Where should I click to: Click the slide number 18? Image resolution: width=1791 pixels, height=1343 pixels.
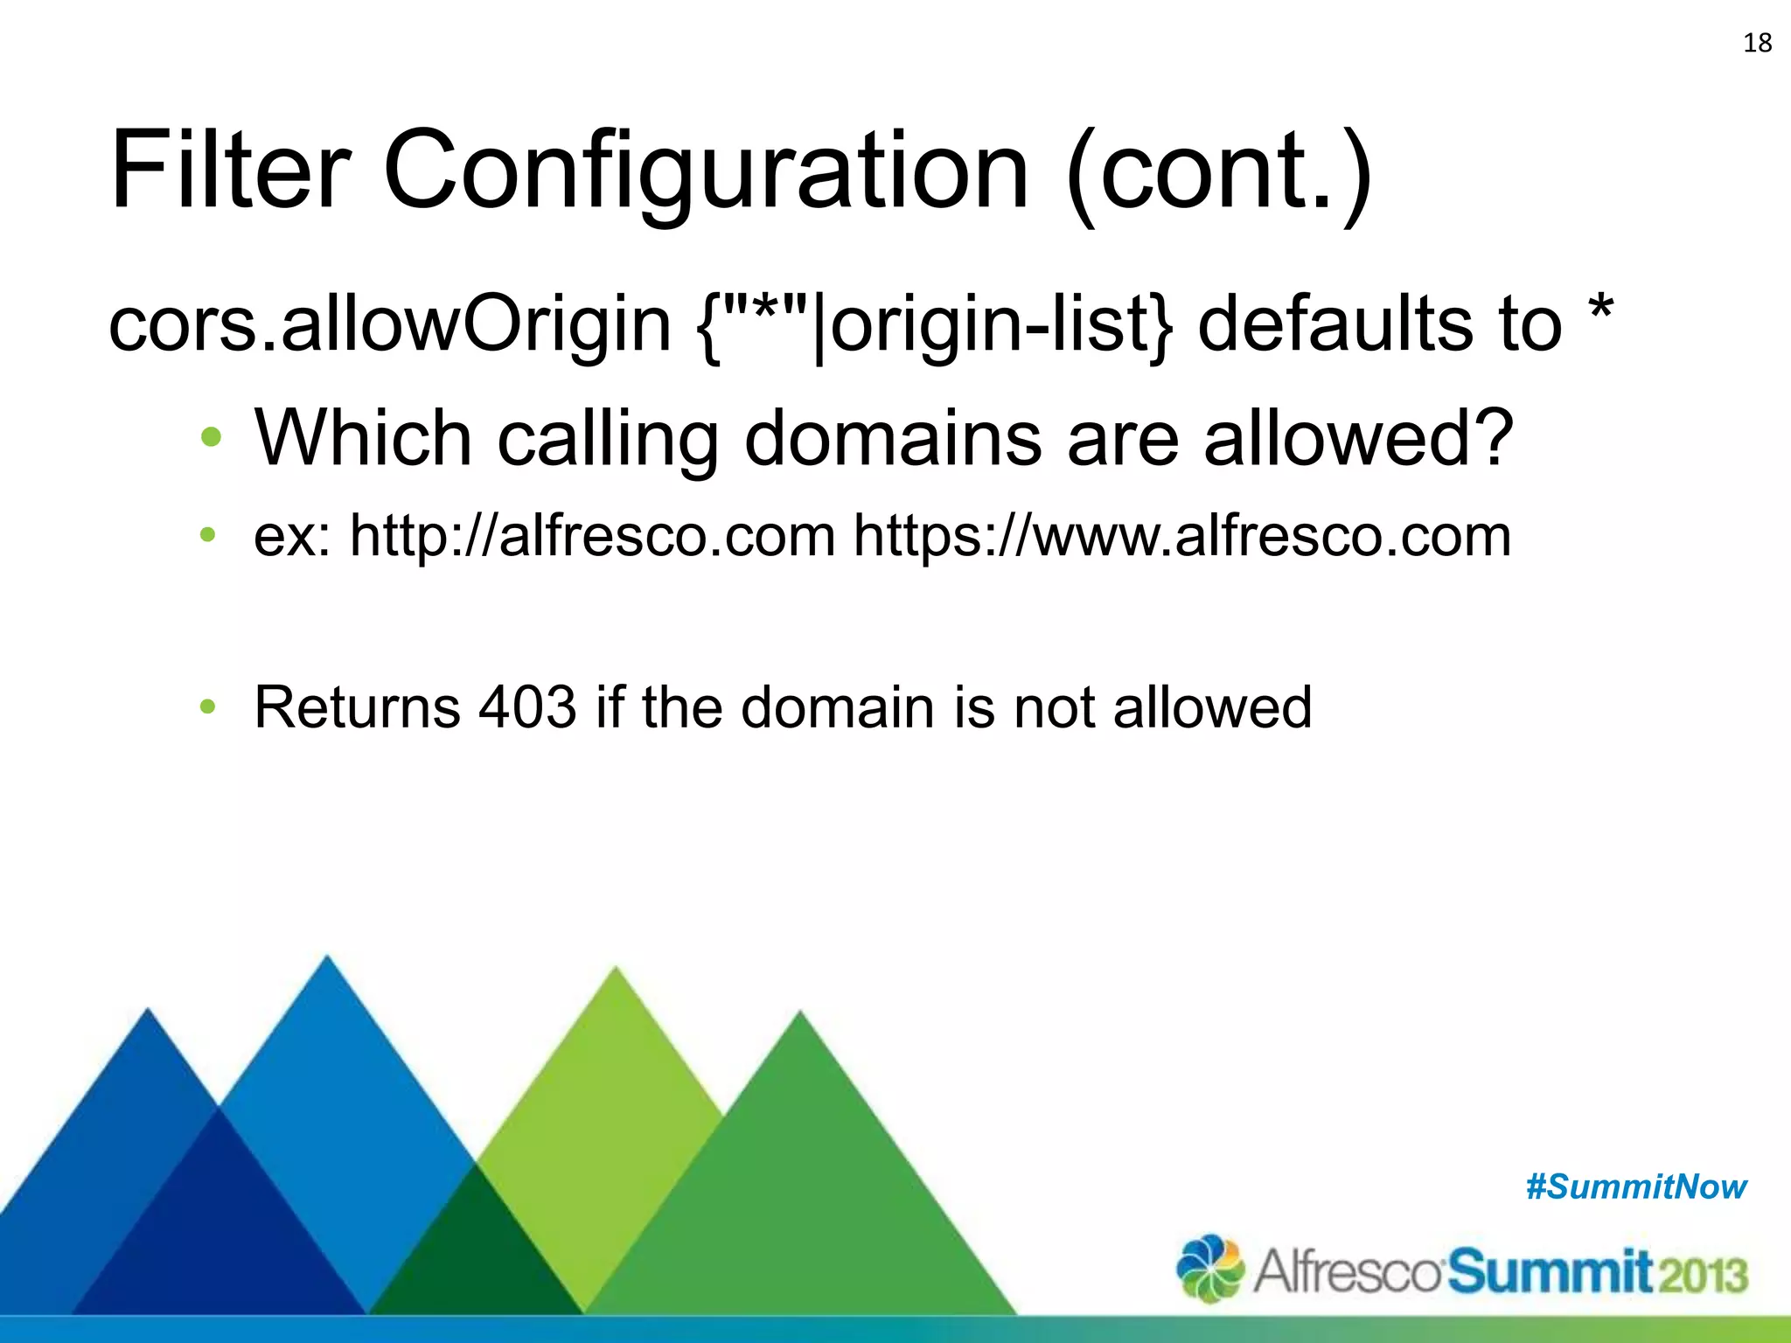[1757, 43]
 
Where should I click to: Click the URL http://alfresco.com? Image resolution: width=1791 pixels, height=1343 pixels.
[592, 536]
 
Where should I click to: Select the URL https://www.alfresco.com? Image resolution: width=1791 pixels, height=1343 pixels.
[1181, 536]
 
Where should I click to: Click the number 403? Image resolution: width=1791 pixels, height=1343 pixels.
[527, 706]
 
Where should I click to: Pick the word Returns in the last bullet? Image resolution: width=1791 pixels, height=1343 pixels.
[357, 706]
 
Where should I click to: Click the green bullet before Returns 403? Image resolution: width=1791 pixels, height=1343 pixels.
[207, 706]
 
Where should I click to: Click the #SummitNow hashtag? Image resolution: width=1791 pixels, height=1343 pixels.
[1635, 1187]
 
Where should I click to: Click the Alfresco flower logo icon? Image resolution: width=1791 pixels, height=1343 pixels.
[1210, 1268]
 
